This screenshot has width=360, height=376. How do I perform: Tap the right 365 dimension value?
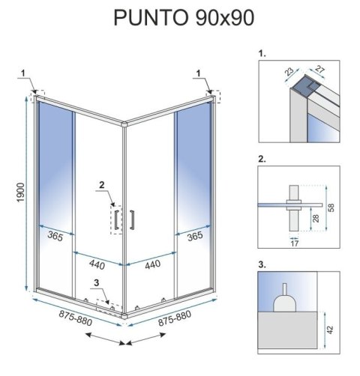(x=194, y=235)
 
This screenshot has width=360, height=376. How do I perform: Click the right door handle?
(x=133, y=218)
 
